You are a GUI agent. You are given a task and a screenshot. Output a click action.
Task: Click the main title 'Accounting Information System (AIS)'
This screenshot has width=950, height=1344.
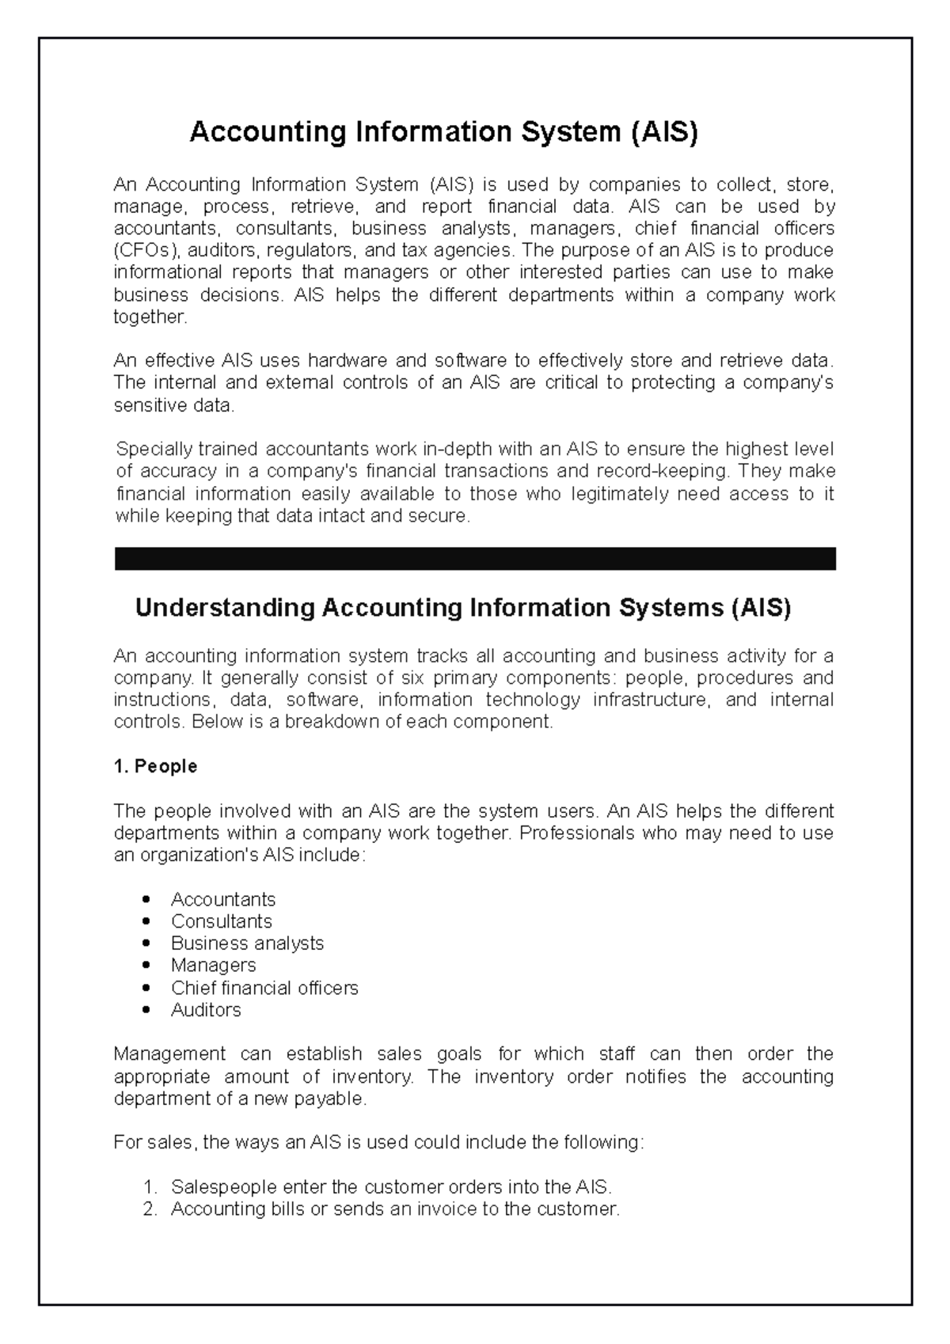pos(443,132)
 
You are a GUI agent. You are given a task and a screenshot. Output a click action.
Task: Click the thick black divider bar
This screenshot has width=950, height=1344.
pos(475,559)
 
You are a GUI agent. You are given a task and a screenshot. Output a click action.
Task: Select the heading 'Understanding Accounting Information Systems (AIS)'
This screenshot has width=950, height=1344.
pos(463,609)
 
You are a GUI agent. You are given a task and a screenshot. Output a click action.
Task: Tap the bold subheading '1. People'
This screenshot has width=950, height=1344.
pos(156,766)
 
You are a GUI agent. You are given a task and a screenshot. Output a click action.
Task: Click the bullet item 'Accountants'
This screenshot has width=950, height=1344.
pos(223,899)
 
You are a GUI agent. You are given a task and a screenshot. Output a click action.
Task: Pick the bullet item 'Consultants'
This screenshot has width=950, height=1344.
pos(222,921)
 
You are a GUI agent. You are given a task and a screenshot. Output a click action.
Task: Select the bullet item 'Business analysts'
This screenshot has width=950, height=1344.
pos(247,943)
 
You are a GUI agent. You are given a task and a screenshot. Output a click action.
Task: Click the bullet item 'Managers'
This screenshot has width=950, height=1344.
pos(214,966)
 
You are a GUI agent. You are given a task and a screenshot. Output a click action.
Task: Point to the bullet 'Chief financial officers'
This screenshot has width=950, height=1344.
pos(264,988)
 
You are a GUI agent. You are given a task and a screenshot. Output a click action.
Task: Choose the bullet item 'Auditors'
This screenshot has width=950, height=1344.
pos(206,1010)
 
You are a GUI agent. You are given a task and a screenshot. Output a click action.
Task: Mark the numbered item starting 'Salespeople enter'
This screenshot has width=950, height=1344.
pos(392,1187)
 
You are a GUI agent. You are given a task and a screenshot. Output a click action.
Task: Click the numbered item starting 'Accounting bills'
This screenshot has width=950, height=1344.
pos(395,1209)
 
